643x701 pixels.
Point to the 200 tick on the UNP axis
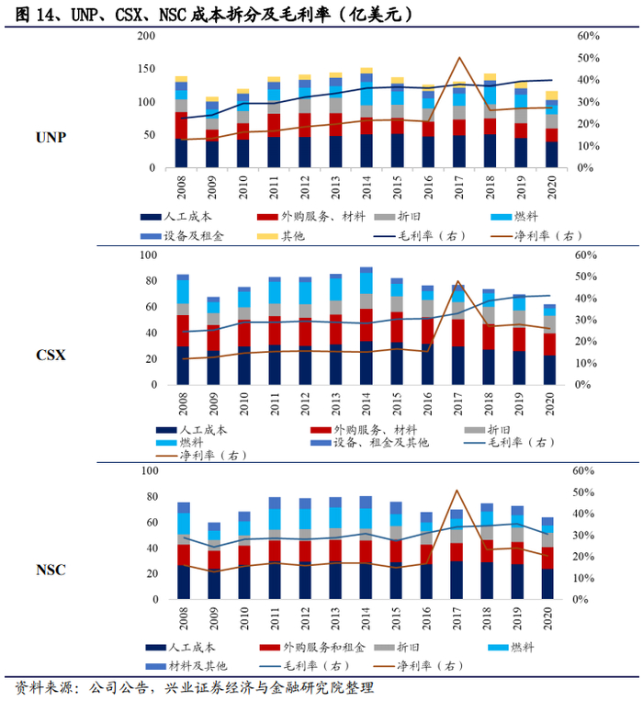click(x=146, y=36)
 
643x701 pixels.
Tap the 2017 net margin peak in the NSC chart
click(x=458, y=491)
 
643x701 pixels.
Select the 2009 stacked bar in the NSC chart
click(x=214, y=560)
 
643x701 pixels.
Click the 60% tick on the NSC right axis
click(x=586, y=470)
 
